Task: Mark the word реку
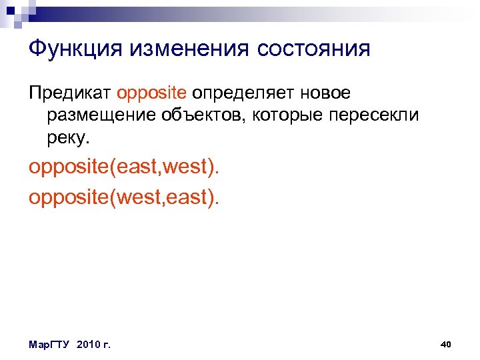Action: click(x=67, y=139)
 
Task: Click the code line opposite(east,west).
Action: click(x=123, y=168)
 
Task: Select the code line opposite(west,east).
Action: click(x=123, y=198)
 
